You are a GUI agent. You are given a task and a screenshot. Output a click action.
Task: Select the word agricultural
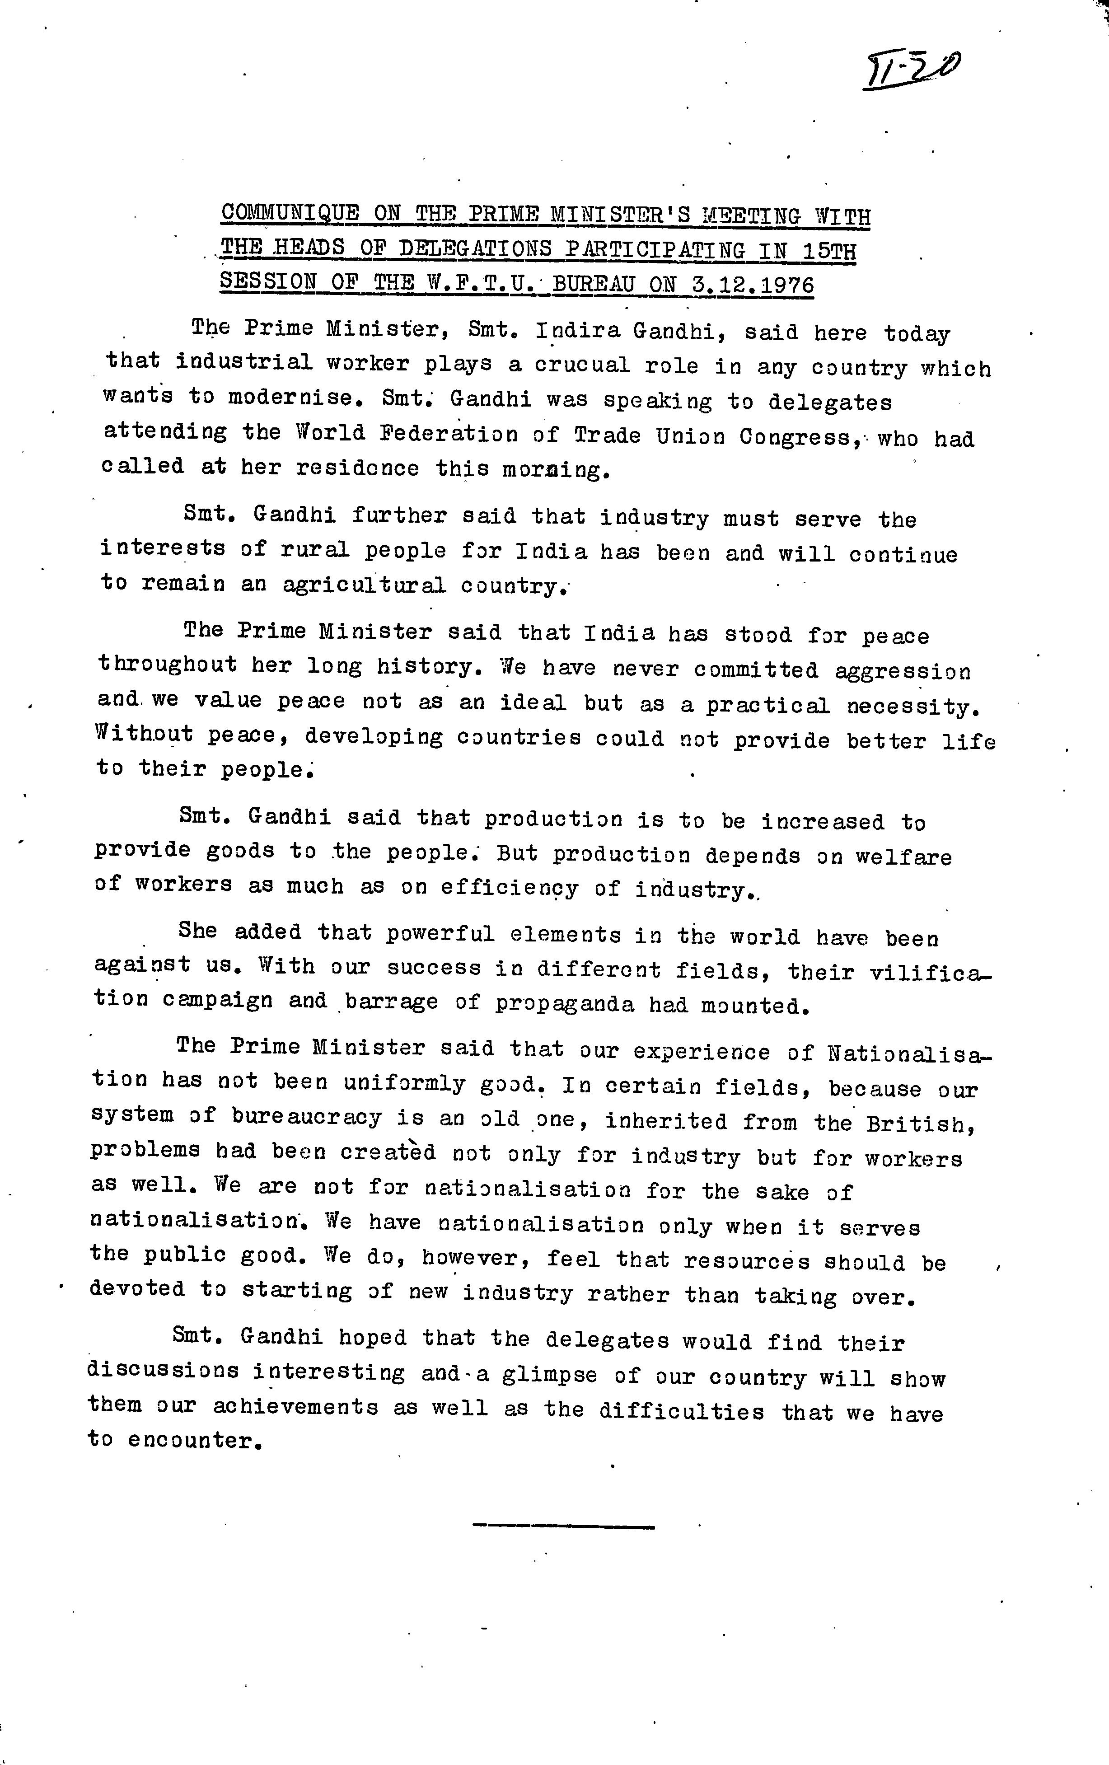point(364,585)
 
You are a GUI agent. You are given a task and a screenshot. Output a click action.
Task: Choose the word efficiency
point(509,888)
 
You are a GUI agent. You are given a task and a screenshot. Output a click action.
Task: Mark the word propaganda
point(564,1003)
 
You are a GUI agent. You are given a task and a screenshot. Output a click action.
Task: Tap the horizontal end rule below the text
point(563,1526)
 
